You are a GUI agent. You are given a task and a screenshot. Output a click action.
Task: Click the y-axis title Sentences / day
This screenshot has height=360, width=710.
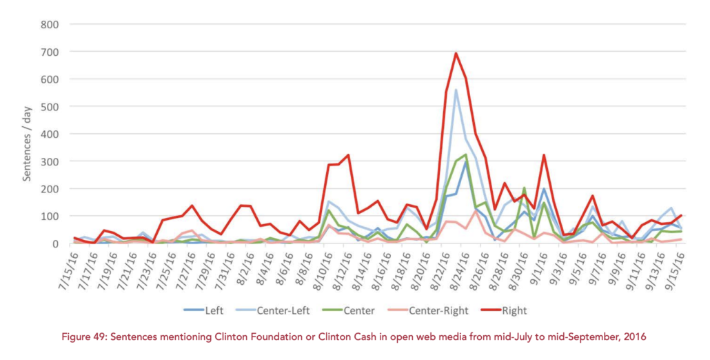pos(27,134)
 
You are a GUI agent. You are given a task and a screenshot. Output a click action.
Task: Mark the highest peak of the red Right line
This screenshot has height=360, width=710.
pos(456,53)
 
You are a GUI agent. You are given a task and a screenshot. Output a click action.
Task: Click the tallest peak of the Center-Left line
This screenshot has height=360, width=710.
pos(456,90)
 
